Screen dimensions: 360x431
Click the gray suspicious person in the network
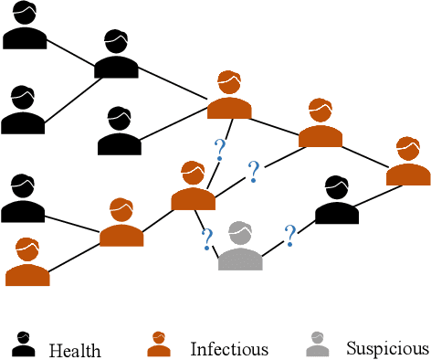240,248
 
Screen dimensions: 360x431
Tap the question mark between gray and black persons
290,235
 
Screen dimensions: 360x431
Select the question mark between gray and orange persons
208,239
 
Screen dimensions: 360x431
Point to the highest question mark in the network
219,150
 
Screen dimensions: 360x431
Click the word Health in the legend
75,350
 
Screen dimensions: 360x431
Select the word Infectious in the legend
229,349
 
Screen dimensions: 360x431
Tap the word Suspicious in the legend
387,348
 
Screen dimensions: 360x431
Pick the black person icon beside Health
24,345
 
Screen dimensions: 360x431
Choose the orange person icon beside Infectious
158,344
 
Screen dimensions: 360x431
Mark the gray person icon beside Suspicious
317,344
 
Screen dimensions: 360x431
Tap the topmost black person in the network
24,26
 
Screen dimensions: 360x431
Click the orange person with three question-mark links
193,187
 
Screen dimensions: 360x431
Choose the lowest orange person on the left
27,263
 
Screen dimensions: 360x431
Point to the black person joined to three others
116,56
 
